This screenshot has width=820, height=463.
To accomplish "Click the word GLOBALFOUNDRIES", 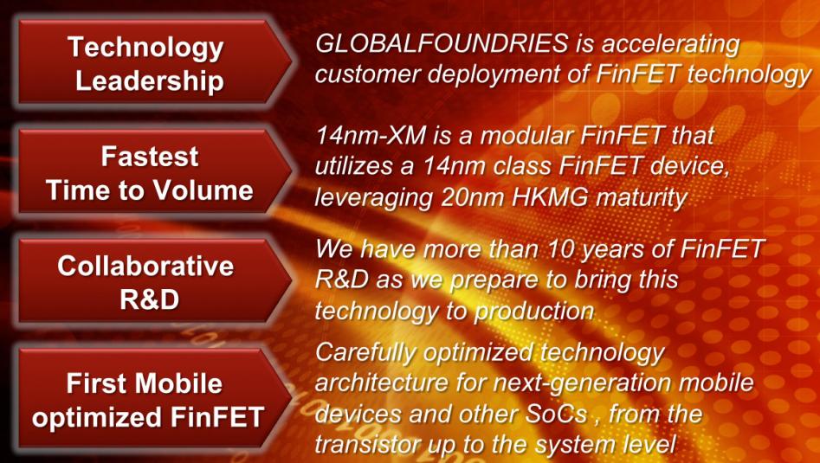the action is [x=442, y=44].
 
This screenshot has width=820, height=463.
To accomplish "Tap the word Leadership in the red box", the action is [x=150, y=81].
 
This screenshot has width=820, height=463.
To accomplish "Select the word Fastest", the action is [x=150, y=157].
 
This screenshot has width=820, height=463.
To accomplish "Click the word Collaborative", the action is [x=145, y=266].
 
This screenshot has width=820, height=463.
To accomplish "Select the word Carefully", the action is [x=365, y=354].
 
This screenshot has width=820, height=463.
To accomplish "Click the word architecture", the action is [x=381, y=383].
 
